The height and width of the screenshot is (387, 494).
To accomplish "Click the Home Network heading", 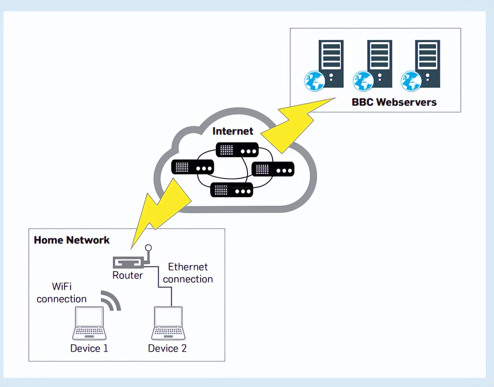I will click(72, 240).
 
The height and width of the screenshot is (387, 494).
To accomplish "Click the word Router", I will click(127, 275).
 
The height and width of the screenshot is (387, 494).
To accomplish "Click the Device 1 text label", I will click(89, 348).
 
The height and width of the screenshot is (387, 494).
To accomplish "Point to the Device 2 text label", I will click(167, 348).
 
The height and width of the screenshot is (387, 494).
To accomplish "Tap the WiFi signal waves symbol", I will click(111, 301).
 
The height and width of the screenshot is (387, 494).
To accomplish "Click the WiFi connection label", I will click(62, 293).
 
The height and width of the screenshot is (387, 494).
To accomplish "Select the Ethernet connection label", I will click(188, 273).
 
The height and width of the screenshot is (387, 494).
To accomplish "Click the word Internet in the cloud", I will click(233, 131).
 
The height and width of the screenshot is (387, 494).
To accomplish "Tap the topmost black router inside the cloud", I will click(237, 150).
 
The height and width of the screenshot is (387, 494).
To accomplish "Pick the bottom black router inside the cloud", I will click(232, 190).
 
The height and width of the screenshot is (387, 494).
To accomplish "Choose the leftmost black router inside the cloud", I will click(192, 167).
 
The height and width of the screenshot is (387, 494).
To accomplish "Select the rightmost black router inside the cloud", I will click(273, 169).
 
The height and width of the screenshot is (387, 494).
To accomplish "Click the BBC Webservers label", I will click(394, 102).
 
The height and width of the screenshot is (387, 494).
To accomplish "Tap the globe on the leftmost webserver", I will click(314, 81).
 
